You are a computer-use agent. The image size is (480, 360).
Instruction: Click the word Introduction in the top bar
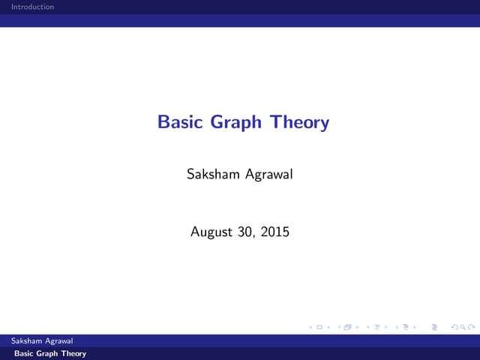27,7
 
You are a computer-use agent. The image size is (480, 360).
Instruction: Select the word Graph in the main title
229,122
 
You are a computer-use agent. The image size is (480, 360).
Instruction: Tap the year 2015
274,232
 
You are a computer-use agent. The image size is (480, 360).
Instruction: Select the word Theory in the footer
73,353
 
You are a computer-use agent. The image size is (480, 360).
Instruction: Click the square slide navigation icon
319,328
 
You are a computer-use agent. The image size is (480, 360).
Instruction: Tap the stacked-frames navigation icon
347,328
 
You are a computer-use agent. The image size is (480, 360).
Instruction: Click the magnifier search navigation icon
459,328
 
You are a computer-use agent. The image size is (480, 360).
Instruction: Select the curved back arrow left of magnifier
451,328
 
